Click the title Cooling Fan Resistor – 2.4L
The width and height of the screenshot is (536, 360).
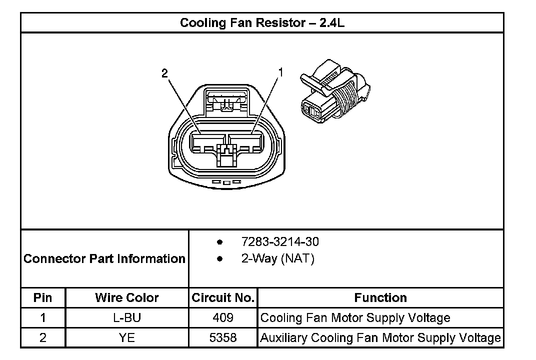click(x=261, y=23)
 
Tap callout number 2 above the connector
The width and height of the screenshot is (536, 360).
click(x=164, y=73)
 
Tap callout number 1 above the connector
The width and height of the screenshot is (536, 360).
click(x=280, y=72)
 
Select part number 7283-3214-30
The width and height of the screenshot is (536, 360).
click(x=279, y=242)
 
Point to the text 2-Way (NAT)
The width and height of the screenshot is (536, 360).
click(x=277, y=259)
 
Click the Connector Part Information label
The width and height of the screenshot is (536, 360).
click(x=104, y=259)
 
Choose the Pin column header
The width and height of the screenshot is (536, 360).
click(x=43, y=298)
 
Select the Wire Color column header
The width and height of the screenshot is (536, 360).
click(x=127, y=298)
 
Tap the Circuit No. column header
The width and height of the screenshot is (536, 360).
click(x=223, y=298)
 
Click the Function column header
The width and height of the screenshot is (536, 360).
click(x=380, y=298)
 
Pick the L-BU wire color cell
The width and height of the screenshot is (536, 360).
click(x=127, y=317)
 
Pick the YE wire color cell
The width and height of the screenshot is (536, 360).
click(x=127, y=337)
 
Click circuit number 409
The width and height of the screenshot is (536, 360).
click(x=223, y=317)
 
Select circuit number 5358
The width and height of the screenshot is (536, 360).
click(x=223, y=337)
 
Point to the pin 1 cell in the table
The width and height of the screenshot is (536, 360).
click(x=43, y=317)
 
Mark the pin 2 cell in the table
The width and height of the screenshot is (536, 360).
click(x=43, y=337)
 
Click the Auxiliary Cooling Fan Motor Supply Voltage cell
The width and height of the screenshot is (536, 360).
click(x=380, y=337)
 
